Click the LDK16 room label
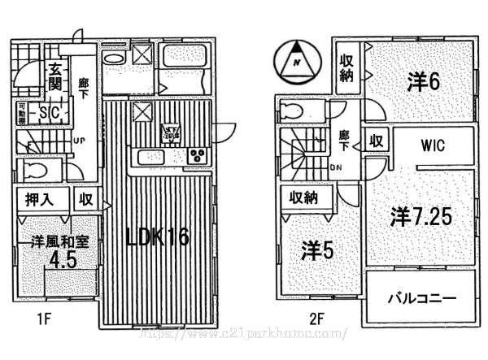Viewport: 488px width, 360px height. (157, 237)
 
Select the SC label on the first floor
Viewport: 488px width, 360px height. (46, 114)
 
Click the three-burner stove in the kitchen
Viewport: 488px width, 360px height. (197, 156)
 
